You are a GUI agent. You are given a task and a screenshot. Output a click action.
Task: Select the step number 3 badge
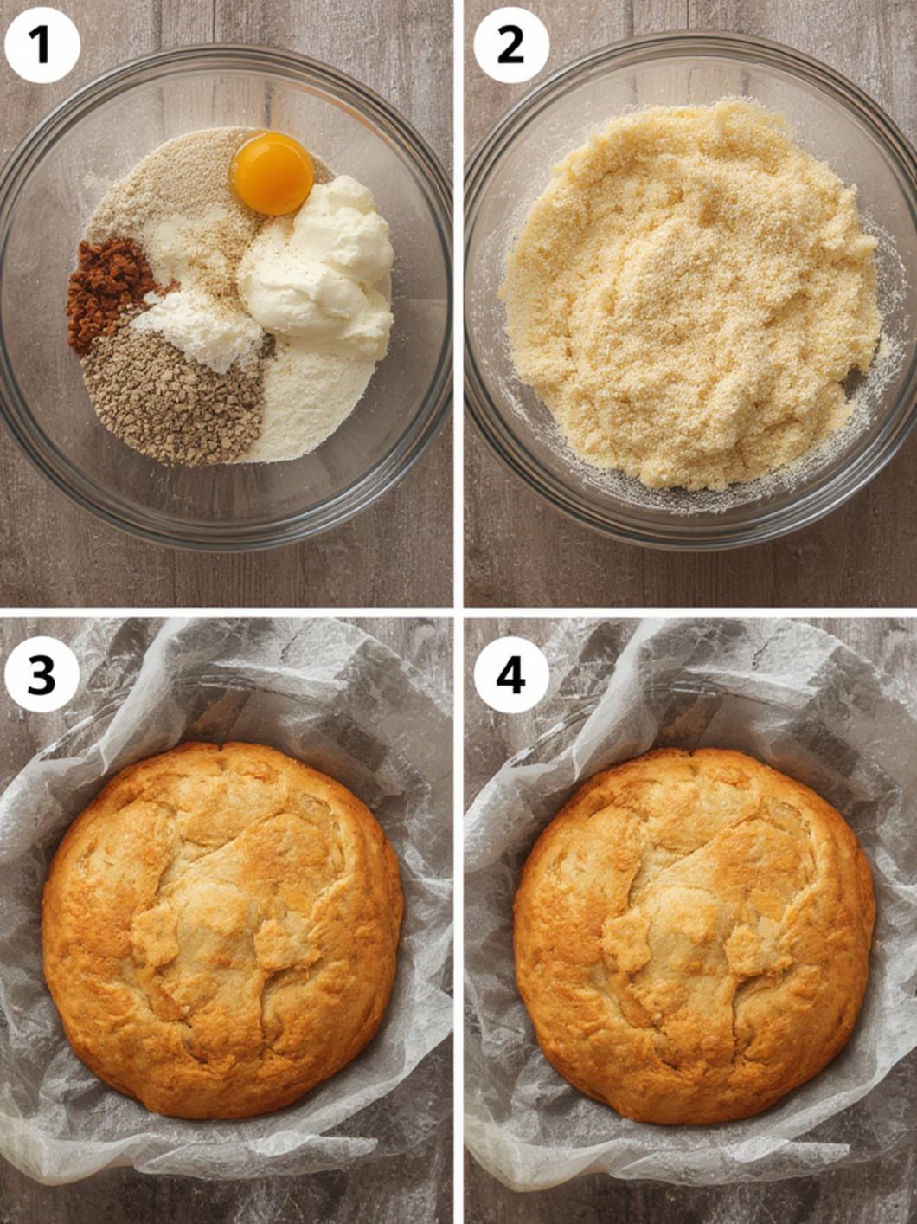click(42, 674)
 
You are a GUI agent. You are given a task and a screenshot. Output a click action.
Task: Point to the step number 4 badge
click(510, 674)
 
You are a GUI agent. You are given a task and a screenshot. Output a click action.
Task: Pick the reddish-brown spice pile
click(108, 290)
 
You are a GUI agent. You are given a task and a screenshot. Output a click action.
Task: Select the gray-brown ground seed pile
click(173, 394)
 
